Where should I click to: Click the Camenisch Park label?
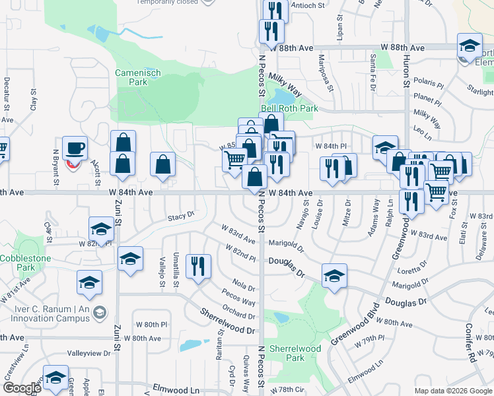(131, 77)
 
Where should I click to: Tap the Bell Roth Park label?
(289, 108)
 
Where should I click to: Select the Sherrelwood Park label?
(295, 353)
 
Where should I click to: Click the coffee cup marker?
(75, 147)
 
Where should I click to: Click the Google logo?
(22, 388)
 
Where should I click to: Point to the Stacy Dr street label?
(181, 215)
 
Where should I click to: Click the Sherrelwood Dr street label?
(227, 321)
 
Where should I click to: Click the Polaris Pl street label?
(429, 84)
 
